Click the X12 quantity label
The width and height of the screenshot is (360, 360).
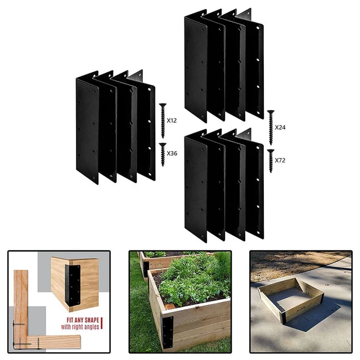(172, 120)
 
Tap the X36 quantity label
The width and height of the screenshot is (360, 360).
(172, 153)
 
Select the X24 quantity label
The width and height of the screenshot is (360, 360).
(280, 127)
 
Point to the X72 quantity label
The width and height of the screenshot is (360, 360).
(280, 160)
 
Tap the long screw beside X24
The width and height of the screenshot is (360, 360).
(270, 123)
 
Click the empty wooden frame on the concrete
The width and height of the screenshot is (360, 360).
(290, 298)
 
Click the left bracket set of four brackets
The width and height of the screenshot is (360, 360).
(115, 127)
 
